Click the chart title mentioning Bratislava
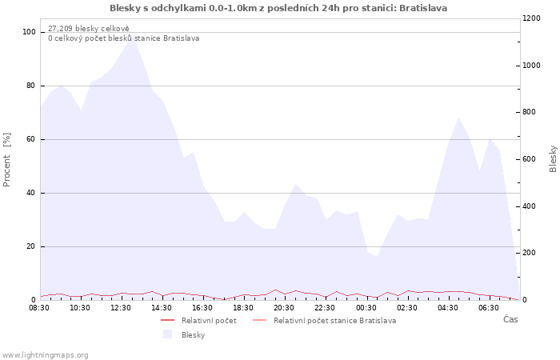(278, 8)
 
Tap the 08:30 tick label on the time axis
(39, 308)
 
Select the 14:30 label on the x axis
(162, 308)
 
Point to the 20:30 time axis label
(284, 308)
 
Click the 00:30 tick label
(366, 308)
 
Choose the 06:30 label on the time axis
(489, 308)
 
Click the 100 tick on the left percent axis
(29, 32)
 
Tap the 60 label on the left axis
(30, 139)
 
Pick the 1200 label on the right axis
(531, 18)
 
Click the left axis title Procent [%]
(6, 160)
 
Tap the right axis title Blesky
(553, 159)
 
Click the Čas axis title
(510, 319)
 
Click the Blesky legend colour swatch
(167, 334)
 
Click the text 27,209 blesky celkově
(89, 29)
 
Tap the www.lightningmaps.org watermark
(45, 355)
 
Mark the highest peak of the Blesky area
(132, 37)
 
